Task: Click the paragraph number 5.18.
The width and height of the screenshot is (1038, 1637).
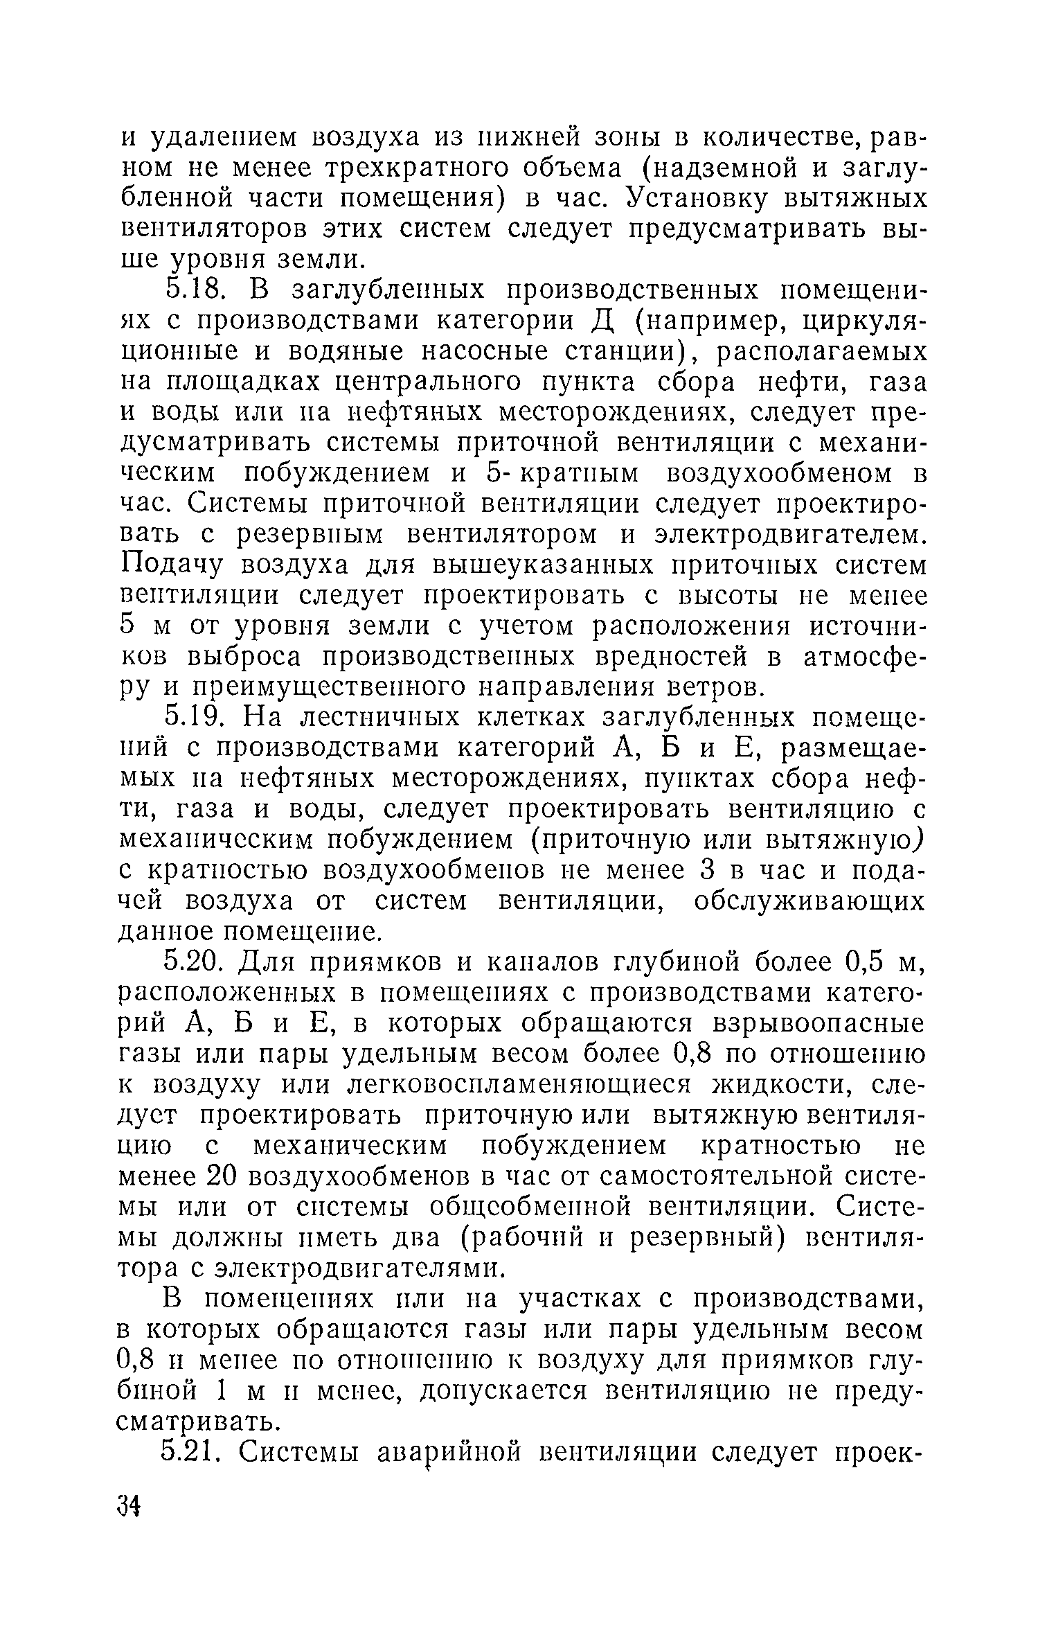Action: click(195, 290)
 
